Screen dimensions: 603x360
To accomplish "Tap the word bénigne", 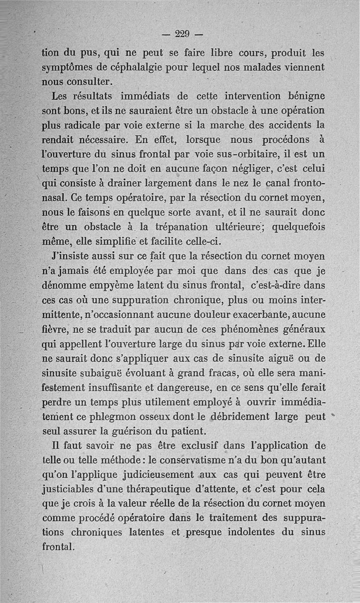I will click(302, 96).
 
